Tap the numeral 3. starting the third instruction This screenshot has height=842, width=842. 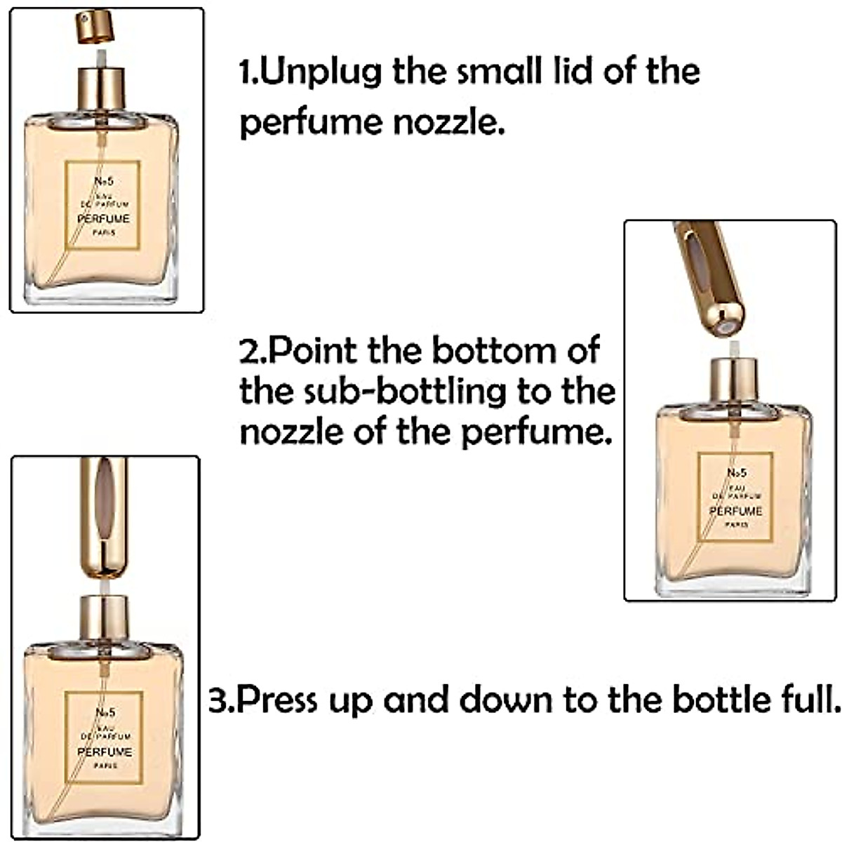click(220, 700)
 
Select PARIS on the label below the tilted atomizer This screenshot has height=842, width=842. click(735, 524)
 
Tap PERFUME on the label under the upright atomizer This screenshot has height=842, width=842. click(104, 751)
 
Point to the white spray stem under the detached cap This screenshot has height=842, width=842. click(100, 56)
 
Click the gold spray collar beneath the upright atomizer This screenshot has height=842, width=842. click(103, 617)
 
